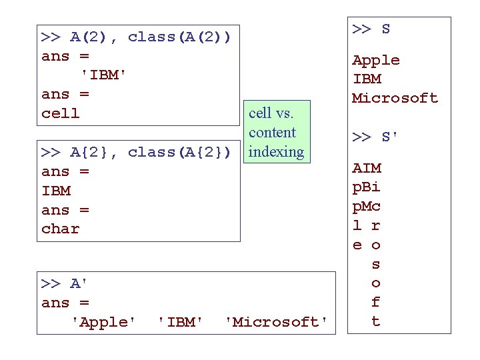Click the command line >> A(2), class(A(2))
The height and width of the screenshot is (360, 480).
point(136,37)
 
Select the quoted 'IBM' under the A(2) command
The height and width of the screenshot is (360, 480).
point(103,75)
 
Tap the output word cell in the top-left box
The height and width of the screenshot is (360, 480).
point(60,113)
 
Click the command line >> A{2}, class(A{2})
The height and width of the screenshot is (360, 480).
point(136,152)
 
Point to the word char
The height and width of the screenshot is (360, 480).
point(60,229)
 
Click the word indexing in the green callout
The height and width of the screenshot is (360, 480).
point(276,151)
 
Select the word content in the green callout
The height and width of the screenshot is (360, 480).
point(272,132)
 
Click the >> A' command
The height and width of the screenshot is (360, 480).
point(65,283)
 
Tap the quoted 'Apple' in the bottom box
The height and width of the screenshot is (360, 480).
point(103,322)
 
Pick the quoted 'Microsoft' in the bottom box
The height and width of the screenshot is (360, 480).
point(276,322)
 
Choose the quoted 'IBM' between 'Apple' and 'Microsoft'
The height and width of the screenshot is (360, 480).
point(180,322)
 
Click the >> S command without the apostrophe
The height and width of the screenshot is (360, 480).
point(371,29)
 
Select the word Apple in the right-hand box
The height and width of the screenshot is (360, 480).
point(376,60)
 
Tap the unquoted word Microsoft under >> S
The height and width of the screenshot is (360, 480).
point(395,98)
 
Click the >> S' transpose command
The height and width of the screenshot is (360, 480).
point(376,137)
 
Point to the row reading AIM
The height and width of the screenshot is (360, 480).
point(367,169)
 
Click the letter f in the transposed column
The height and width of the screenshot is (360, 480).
point(375,302)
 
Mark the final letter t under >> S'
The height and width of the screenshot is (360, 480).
point(375,321)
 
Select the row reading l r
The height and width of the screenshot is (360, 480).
point(367,226)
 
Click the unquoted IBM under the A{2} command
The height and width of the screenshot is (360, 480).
point(56,191)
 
